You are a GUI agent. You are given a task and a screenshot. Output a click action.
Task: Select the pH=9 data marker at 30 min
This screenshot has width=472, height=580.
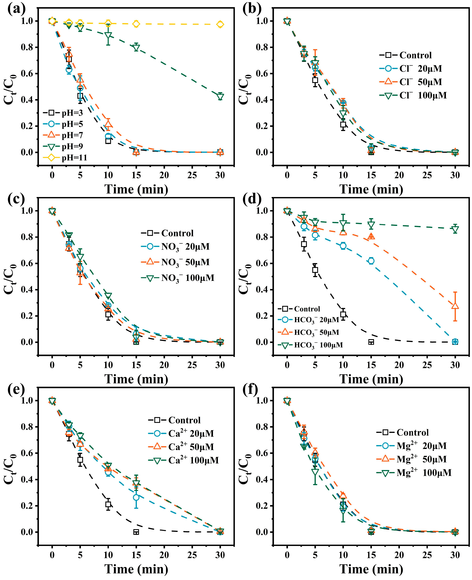(x=220, y=96)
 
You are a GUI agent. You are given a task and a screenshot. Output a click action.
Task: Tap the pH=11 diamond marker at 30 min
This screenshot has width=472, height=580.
(x=220, y=24)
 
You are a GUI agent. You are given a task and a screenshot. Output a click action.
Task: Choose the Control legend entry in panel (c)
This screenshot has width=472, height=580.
(x=167, y=233)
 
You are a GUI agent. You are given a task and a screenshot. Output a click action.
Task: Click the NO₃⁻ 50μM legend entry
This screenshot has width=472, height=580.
(x=178, y=262)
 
